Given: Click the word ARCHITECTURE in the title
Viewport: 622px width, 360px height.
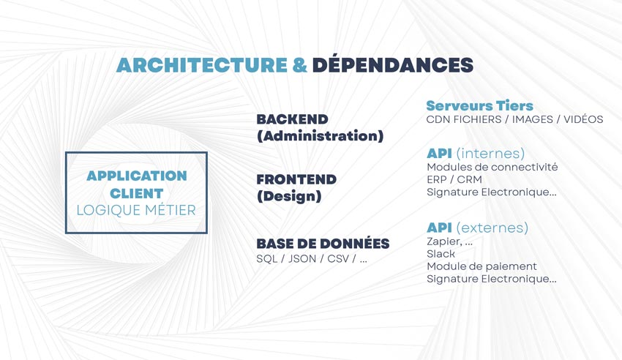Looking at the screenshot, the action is point(202,65).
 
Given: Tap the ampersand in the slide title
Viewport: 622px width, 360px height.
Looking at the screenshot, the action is point(300,65).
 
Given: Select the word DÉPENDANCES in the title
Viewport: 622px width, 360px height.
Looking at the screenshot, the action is point(393,64).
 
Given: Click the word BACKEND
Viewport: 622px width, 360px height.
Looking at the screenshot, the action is point(293,119).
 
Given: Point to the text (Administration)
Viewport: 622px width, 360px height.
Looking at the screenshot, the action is point(320,135).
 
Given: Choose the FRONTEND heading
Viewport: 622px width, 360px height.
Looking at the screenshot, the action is point(296,179).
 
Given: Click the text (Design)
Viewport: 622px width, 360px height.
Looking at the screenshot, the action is point(289,196).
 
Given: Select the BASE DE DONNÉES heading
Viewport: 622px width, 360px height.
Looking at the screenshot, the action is point(323,243).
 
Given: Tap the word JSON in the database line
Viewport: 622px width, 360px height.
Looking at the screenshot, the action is point(302,258).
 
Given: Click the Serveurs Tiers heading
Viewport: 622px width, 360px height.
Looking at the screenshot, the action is point(479,105).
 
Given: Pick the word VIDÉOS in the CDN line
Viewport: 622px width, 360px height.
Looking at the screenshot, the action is point(583,119).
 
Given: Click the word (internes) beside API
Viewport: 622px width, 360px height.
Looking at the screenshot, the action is point(490,153).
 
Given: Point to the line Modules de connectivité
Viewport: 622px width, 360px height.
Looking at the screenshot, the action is point(492,167).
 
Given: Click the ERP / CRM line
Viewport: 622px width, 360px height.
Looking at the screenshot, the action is point(454,179).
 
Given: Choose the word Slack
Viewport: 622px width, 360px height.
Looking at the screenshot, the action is point(441,253).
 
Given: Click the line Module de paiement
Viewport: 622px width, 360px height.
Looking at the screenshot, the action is point(482,266).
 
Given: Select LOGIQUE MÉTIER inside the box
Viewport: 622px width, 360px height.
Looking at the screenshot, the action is point(136,210).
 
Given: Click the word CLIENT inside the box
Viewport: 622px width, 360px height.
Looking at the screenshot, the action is point(136,193).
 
